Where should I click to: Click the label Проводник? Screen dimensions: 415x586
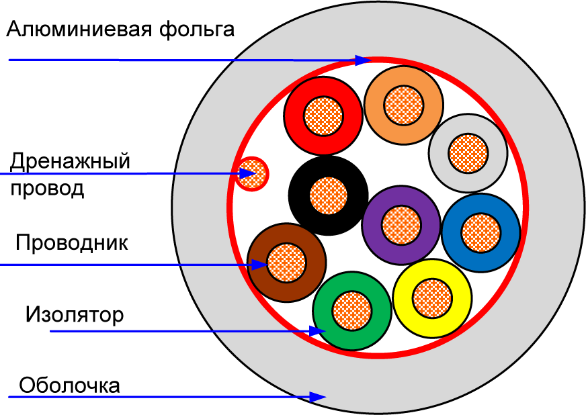[71, 242]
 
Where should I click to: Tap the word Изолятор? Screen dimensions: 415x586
[75, 314]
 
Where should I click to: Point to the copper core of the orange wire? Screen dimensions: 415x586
[403, 105]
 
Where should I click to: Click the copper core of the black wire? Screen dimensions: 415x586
[329, 197]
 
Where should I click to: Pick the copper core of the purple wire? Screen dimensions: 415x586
[401, 225]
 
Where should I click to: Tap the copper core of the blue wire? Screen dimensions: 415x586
[481, 232]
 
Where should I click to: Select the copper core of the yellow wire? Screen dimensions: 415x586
[432, 297]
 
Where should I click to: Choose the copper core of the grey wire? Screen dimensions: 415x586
[468, 152]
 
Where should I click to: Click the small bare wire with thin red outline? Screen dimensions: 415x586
[253, 174]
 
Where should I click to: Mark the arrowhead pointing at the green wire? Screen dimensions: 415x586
[318, 330]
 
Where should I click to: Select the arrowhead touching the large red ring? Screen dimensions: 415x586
[364, 60]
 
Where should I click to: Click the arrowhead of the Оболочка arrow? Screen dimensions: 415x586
[319, 397]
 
